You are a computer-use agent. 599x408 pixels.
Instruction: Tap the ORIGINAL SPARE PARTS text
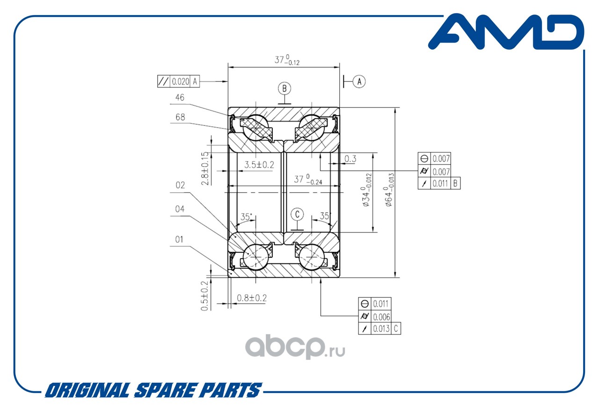(x=153, y=390)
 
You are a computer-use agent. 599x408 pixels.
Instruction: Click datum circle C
(x=297, y=214)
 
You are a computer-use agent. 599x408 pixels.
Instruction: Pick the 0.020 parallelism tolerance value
(x=180, y=81)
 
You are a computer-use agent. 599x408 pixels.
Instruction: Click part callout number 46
(x=179, y=98)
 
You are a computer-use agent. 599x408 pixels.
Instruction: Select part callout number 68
(x=180, y=117)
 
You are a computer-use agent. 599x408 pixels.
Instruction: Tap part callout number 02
(x=180, y=185)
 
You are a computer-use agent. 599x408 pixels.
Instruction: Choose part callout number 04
(x=180, y=209)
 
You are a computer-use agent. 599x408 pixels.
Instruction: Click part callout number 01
(x=180, y=240)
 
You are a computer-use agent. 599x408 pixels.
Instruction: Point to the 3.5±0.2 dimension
(x=259, y=165)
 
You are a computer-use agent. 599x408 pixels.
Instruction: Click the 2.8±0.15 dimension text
(x=205, y=168)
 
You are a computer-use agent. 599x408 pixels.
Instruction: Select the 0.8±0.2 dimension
(x=252, y=298)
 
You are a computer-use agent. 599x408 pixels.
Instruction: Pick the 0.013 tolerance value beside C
(x=381, y=328)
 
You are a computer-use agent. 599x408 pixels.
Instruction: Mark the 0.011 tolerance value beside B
(x=440, y=183)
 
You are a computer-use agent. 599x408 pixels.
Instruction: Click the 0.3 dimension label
(x=350, y=159)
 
